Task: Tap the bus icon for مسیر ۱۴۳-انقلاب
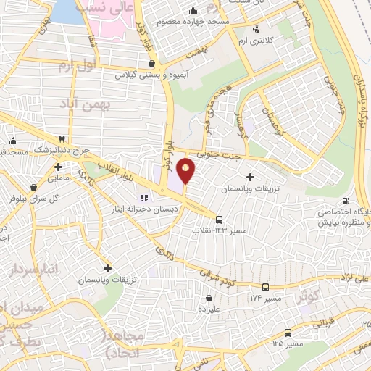pos(219,220)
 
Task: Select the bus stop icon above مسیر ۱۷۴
pos(265,287)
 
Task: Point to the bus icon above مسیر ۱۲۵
pos(288,333)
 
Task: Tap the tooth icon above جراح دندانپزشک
pos(62,139)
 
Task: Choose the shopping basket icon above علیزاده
pos(209,297)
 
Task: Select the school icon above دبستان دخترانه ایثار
pos(143,196)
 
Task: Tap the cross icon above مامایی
pos(58,167)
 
